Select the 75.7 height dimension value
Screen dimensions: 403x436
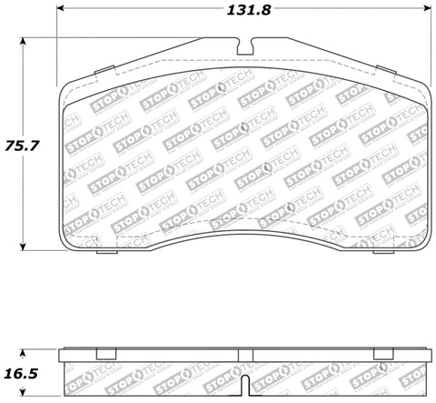coord(22,144)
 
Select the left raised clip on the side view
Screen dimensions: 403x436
coord(104,350)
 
